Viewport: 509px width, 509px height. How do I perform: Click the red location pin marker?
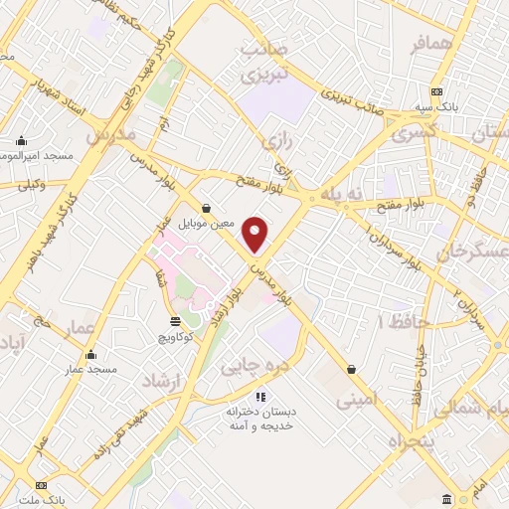point(255,233)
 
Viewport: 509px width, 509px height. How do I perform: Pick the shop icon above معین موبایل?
point(206,208)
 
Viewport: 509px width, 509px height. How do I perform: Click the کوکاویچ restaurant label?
point(175,337)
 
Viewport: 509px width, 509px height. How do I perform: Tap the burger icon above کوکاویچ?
point(176,321)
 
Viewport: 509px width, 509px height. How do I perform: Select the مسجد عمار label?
point(91,370)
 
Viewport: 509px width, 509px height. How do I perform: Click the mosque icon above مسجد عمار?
point(91,355)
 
